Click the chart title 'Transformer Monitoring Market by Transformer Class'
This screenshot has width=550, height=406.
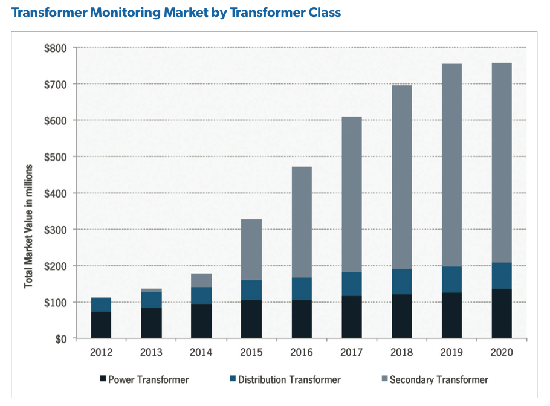[x=172, y=13]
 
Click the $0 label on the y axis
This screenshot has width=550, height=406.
[x=60, y=339]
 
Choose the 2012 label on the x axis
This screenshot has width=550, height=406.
[x=101, y=353]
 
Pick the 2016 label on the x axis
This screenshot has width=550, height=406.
[x=302, y=353]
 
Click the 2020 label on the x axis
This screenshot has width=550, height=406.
[x=502, y=353]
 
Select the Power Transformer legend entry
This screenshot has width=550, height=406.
[x=144, y=379]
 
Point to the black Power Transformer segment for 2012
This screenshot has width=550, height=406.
[x=101, y=325]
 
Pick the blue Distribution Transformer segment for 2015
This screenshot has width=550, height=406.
[x=251, y=290]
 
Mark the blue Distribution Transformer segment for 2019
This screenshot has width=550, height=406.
[x=451, y=280]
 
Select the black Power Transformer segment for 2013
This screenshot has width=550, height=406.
[x=151, y=323]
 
